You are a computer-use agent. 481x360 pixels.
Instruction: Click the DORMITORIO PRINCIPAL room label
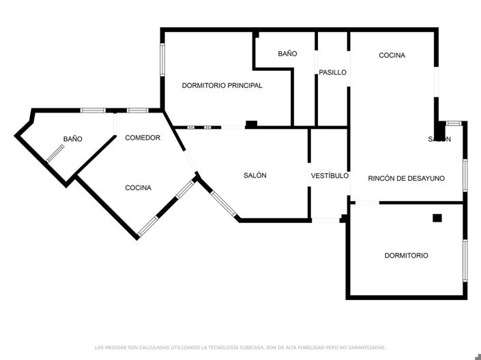click(222, 86)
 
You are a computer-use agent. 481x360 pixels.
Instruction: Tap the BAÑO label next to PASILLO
click(287, 53)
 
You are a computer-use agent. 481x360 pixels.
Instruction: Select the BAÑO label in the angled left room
click(72, 139)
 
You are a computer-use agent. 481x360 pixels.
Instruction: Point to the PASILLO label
click(333, 72)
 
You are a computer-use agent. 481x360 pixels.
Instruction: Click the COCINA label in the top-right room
click(392, 55)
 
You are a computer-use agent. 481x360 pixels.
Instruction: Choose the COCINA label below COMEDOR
click(138, 187)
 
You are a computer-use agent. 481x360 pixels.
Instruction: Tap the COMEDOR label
click(143, 138)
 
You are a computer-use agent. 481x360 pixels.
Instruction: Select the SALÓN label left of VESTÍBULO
click(255, 175)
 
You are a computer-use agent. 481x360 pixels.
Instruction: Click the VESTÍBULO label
click(330, 175)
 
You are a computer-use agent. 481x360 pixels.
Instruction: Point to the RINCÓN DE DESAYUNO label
click(406, 179)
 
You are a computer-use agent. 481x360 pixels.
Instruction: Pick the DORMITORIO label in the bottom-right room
click(406, 256)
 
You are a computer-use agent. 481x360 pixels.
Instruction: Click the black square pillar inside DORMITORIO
click(437, 218)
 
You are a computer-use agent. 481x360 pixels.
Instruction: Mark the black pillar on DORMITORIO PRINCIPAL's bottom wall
click(251, 124)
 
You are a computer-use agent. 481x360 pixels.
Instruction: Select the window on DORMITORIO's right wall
click(465, 260)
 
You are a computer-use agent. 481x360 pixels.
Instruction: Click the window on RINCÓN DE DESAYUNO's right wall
click(465, 175)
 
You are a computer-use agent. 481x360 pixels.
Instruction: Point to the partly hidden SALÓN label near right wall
click(439, 139)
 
